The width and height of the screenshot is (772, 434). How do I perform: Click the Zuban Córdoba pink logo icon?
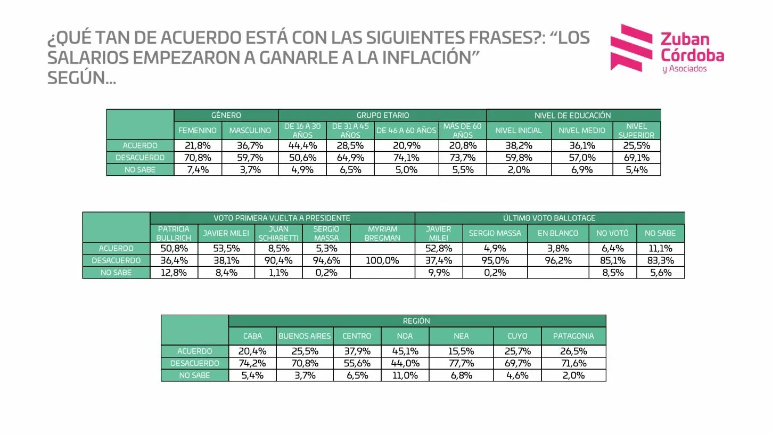631,47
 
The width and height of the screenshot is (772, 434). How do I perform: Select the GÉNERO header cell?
226,115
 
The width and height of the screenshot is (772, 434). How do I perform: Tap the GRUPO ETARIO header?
382,115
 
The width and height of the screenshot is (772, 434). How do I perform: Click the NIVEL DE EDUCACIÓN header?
573,115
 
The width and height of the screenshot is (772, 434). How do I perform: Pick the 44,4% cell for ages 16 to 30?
302,145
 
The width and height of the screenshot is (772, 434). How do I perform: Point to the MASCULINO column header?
250,130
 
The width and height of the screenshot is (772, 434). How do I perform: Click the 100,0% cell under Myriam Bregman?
382,260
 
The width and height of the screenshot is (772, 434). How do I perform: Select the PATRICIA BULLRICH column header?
174,233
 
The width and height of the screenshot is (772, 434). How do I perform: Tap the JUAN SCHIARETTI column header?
278,233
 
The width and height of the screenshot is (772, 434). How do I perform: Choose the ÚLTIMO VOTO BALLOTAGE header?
549,218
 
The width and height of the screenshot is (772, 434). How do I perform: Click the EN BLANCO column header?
557,233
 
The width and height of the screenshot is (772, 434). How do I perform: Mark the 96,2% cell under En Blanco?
557,260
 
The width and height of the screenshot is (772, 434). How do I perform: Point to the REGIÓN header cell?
416,321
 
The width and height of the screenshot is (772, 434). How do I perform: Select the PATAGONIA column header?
573,336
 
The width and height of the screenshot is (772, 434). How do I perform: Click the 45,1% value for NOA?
405,351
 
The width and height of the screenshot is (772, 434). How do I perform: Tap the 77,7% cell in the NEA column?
461,363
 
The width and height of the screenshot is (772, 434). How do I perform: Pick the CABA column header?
252,336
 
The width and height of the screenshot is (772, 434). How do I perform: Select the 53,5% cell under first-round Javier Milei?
226,248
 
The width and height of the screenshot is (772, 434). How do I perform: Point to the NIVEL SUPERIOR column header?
636,130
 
